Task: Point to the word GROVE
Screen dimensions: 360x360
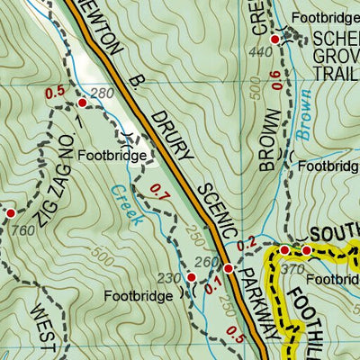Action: point(335,56)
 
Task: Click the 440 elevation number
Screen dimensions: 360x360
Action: point(262,54)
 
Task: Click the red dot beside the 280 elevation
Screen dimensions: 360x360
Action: point(83,103)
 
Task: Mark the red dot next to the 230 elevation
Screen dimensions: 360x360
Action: point(191,276)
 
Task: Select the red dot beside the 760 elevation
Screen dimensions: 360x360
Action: point(10,212)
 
